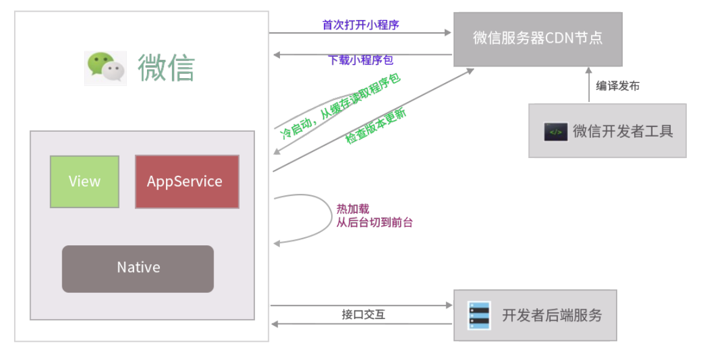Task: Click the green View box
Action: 84,182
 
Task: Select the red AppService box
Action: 187,182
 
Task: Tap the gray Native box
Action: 138,268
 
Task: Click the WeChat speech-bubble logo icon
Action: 106,68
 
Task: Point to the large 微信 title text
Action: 166,68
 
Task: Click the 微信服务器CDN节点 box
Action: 537,38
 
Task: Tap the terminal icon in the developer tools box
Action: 556,132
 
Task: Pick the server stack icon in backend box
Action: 479,315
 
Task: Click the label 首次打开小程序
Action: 360,25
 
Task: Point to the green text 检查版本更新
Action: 376,126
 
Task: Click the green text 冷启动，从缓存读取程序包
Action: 340,107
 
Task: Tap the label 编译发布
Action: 617,86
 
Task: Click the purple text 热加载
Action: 353,209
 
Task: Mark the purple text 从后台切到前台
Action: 374,223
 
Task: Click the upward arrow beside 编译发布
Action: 589,84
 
